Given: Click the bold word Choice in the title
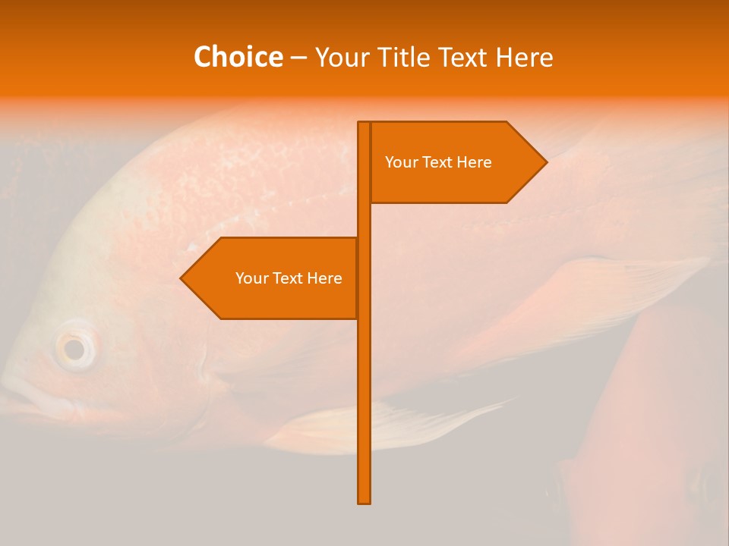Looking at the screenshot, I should pyautogui.click(x=238, y=58).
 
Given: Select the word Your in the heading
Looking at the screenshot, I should pyautogui.click(x=342, y=58).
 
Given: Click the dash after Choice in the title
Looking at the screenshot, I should pyautogui.click(x=298, y=58).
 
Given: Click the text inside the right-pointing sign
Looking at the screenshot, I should pyautogui.click(x=438, y=162).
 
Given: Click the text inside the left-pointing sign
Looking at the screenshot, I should pyautogui.click(x=289, y=278).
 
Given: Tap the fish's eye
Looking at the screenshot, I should pyautogui.click(x=74, y=349).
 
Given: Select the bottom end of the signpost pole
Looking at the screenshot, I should pyautogui.click(x=364, y=500).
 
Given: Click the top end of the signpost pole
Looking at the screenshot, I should pyautogui.click(x=364, y=124).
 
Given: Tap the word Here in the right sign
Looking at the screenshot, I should pyautogui.click(x=474, y=162).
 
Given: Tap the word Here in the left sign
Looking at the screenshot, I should pyautogui.click(x=324, y=278).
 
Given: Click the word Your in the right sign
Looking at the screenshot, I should pyautogui.click(x=400, y=162).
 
